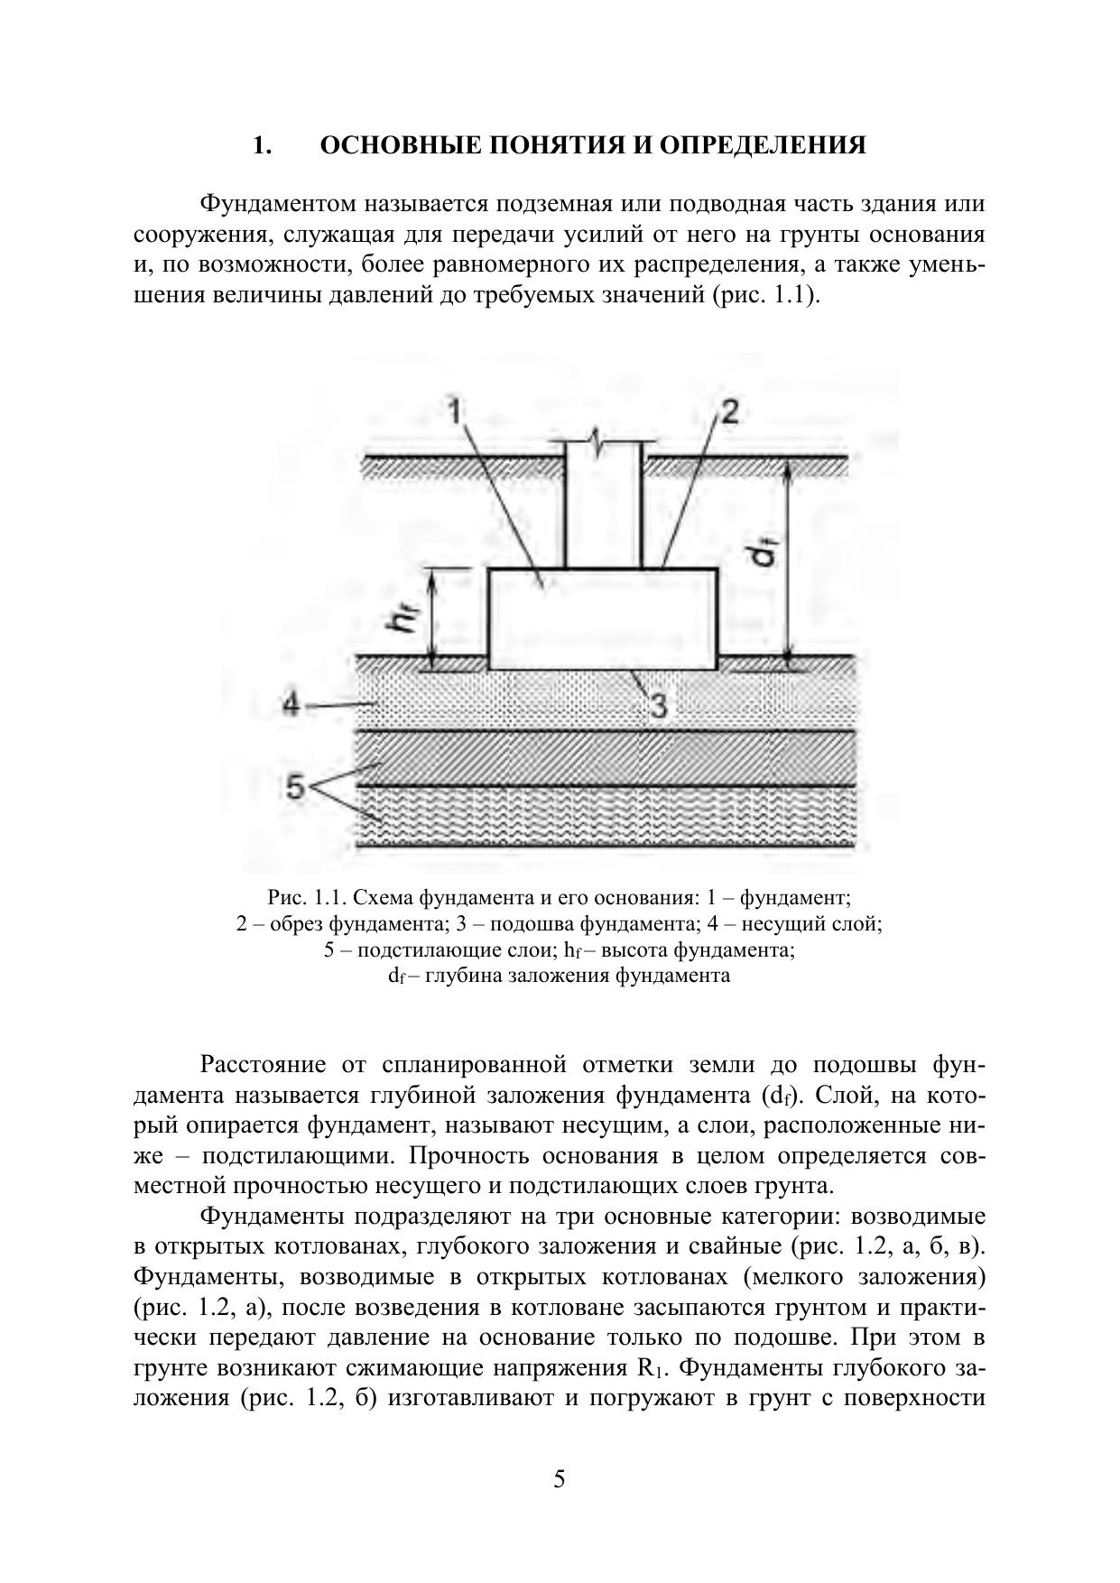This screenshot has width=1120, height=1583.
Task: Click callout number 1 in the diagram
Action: (x=455, y=412)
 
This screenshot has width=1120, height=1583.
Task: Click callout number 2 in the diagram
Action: (x=729, y=412)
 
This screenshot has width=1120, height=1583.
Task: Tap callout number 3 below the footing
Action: (x=659, y=706)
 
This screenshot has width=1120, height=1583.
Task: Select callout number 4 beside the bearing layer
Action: (x=291, y=704)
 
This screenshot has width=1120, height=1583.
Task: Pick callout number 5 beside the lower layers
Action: (x=295, y=787)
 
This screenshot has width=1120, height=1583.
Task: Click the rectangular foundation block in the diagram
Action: (x=603, y=619)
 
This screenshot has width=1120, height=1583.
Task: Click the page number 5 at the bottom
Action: (x=560, y=1479)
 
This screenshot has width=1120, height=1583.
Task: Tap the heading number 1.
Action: (x=261, y=145)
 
